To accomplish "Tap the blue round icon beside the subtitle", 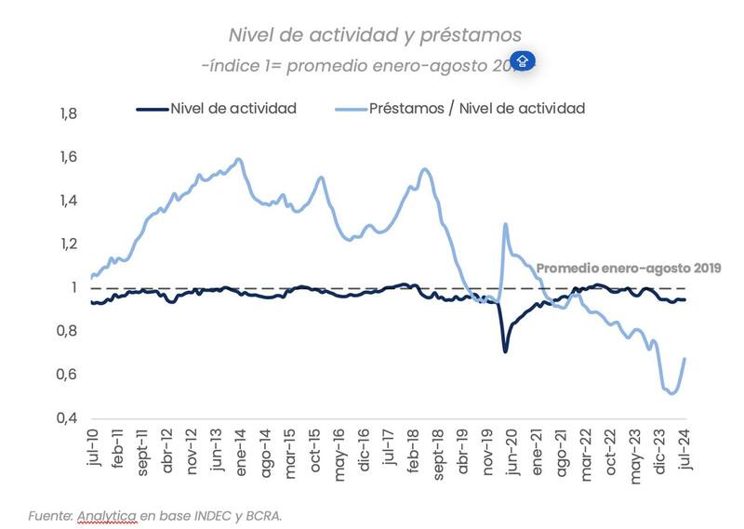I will (x=523, y=62).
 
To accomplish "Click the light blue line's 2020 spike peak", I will (x=506, y=224).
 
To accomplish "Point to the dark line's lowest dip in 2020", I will (x=505, y=350).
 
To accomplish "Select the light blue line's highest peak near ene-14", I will (x=239, y=159).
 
